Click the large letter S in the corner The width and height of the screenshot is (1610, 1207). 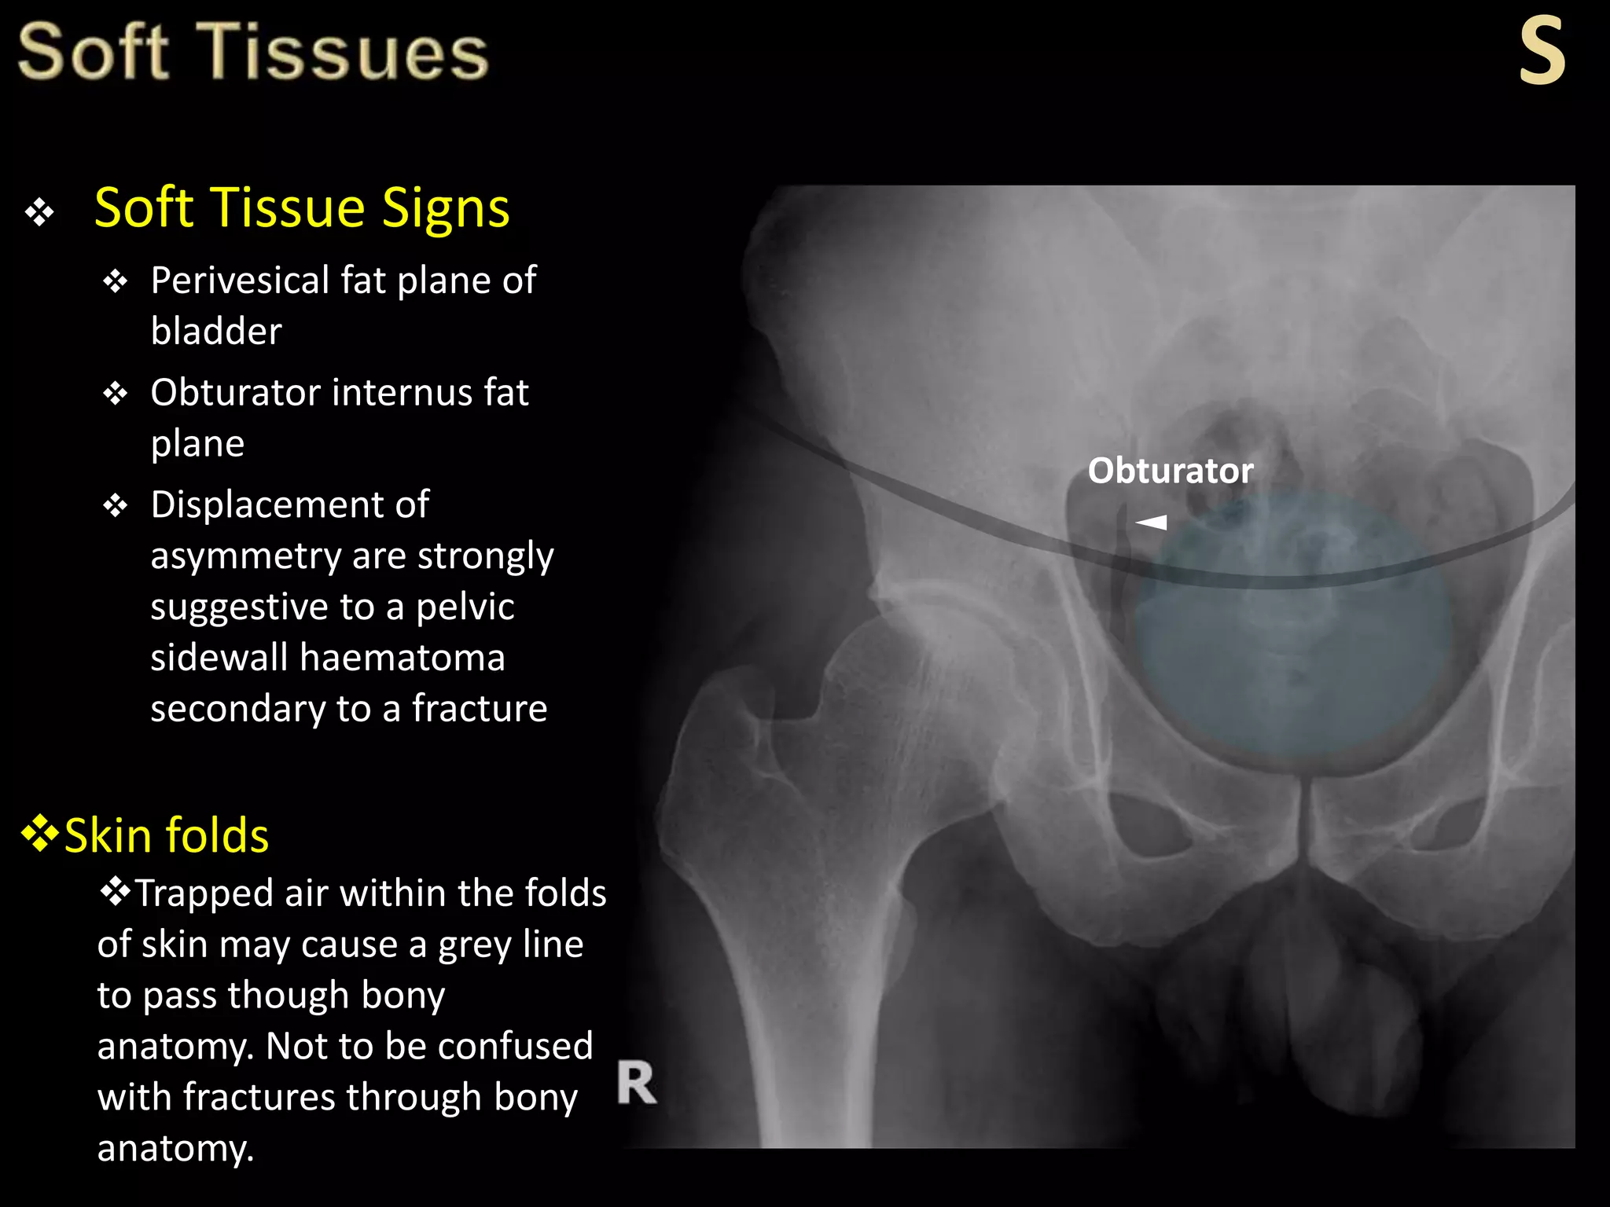coord(1542,52)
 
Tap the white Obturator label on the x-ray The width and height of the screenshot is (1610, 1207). coord(1170,471)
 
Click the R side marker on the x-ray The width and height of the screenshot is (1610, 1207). coord(636,1083)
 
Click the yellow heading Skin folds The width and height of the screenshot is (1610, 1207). coord(166,835)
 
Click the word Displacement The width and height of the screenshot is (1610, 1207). coord(289,504)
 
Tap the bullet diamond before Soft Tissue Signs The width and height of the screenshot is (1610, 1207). coord(39,212)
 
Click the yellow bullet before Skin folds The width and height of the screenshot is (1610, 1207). coord(39,834)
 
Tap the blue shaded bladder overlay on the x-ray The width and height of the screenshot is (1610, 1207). coord(1289,644)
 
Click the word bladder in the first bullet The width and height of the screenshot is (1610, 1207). coord(216,331)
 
